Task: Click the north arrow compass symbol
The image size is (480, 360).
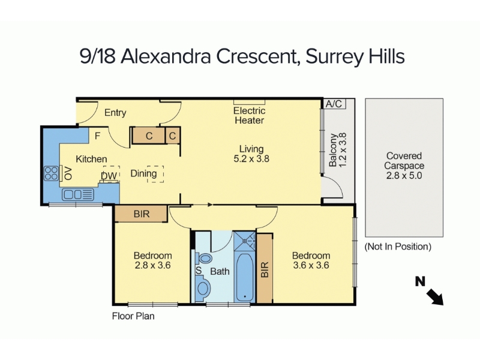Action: (429, 291)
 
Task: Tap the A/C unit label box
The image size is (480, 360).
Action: (334, 104)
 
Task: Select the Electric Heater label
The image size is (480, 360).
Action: (249, 115)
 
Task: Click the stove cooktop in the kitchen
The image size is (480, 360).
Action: (51, 173)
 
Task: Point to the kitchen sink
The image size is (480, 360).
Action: (78, 194)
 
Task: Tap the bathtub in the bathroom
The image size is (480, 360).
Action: (245, 277)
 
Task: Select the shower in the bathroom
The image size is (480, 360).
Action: (245, 241)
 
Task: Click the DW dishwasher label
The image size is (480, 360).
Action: (109, 176)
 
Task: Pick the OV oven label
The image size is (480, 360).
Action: (68, 173)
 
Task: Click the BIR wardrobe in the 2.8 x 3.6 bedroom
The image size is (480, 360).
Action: (141, 214)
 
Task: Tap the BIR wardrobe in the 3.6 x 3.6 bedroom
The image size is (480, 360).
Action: (265, 269)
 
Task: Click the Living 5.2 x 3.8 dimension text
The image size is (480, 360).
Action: (251, 159)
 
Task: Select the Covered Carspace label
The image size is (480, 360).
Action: (404, 161)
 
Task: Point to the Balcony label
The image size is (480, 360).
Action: (332, 150)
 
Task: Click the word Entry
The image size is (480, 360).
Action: (115, 113)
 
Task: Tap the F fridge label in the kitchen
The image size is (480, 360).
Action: (97, 136)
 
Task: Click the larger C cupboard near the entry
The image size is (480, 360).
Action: (149, 136)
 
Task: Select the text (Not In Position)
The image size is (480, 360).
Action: (398, 247)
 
